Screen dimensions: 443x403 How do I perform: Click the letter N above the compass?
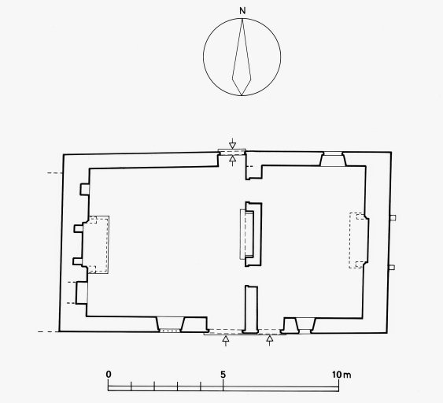(x=242, y=11)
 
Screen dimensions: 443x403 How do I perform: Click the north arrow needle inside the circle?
(x=242, y=57)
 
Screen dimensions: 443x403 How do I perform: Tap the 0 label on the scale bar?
(x=109, y=375)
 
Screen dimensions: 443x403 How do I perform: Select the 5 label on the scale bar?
(x=223, y=375)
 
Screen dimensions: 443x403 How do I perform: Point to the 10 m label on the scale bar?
(x=341, y=375)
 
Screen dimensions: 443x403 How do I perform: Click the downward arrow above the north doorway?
(x=232, y=143)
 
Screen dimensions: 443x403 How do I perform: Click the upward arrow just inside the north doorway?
(x=232, y=161)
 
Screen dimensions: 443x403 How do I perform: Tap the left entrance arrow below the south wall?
(x=226, y=341)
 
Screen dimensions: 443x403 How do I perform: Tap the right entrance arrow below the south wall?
(x=270, y=341)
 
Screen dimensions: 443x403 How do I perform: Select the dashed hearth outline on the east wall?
(x=357, y=240)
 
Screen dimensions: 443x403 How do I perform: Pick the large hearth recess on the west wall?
(x=95, y=245)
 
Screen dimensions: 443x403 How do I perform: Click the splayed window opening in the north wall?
(x=333, y=159)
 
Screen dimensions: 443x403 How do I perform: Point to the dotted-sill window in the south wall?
(x=169, y=324)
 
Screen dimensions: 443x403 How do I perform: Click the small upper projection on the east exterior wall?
(x=393, y=217)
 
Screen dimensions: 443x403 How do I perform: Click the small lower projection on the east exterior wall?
(x=392, y=267)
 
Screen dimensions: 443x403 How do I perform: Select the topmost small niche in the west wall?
(x=84, y=190)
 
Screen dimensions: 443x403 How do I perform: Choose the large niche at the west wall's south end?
(x=82, y=293)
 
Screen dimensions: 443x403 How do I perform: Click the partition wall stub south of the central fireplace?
(x=251, y=309)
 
